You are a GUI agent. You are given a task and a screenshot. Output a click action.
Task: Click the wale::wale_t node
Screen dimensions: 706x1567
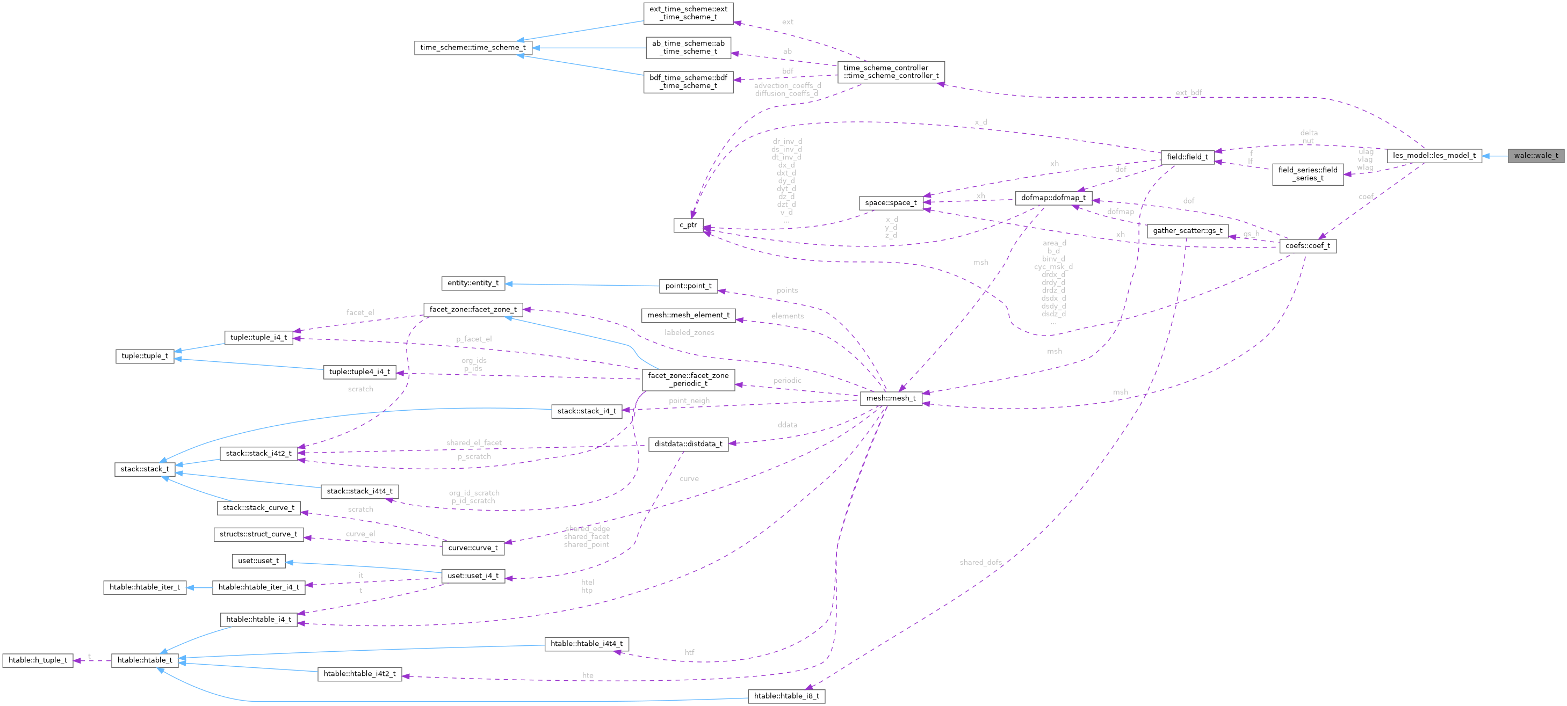[x=1535, y=156]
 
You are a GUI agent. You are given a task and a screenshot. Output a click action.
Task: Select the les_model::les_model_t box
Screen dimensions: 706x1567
[x=1434, y=156]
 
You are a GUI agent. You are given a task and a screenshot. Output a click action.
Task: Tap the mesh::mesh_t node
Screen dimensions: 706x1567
[x=891, y=398]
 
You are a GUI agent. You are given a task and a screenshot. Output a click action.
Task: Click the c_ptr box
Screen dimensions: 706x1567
[x=688, y=225]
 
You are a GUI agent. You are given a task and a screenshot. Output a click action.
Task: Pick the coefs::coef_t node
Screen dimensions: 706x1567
[x=1307, y=246]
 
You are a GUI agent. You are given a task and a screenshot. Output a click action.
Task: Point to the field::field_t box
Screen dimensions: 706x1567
[x=1187, y=157]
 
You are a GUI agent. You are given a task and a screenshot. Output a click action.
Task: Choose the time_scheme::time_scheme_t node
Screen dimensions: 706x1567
[x=473, y=47]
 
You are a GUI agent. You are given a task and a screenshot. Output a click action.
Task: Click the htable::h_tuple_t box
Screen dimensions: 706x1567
[x=38, y=660]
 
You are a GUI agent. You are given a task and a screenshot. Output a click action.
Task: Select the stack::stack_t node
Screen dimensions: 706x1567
[x=144, y=469]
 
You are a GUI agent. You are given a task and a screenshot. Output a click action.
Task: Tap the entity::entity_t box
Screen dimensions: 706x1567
[x=473, y=283]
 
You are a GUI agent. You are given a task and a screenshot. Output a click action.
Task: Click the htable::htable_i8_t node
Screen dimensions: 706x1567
[x=786, y=696]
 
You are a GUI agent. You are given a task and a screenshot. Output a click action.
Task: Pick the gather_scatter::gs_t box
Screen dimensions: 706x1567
[x=1187, y=230]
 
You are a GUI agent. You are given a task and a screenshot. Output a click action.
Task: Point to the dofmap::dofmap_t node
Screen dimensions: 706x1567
[x=1053, y=198]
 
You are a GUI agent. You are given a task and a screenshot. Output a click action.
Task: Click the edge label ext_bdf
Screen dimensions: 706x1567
[x=1188, y=93]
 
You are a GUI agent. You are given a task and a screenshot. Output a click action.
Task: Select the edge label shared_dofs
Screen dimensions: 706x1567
[x=980, y=562]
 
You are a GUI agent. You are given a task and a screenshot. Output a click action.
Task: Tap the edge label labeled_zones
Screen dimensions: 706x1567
[x=689, y=333]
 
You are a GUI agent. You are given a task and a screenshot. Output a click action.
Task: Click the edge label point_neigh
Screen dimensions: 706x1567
[x=689, y=401]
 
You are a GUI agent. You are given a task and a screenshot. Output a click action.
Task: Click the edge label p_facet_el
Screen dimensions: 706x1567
[x=473, y=339]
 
